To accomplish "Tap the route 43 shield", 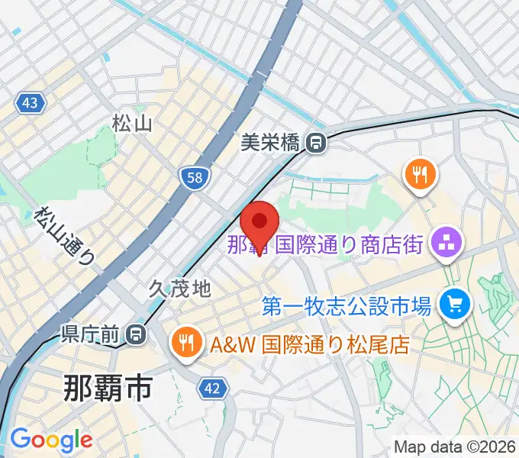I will point(30,103).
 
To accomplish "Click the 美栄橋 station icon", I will point(314,141).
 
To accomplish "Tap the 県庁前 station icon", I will point(136,334).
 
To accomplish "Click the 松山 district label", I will point(133,122).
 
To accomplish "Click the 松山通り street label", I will point(66,237).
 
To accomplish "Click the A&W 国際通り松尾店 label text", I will point(310,344).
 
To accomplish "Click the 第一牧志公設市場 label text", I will point(347,306).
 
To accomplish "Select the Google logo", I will point(50,440).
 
